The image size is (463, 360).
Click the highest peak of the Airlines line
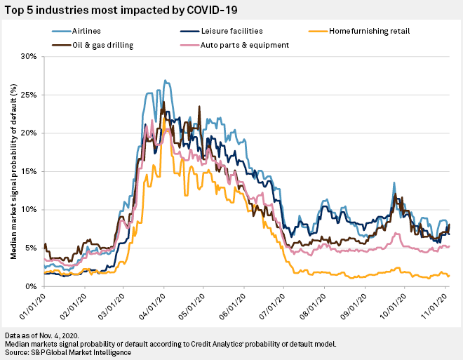[x=164, y=81]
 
